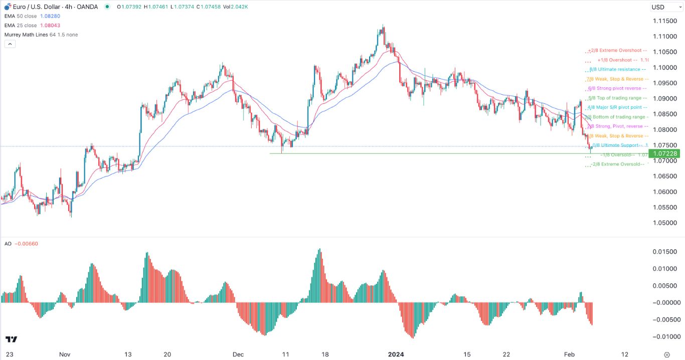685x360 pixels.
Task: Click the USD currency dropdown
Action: [664, 7]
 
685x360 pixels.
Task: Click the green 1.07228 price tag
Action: [664, 153]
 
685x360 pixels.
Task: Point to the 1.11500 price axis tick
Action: [665, 21]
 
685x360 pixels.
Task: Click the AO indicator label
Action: [8, 244]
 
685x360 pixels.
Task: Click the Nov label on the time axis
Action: [65, 354]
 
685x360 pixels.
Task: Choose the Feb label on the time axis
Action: [569, 354]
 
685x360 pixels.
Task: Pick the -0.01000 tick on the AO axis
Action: [664, 336]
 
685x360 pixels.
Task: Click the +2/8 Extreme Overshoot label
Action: [618, 51]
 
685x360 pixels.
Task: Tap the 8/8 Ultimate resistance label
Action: [618, 69]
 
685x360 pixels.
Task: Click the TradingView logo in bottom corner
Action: [12, 339]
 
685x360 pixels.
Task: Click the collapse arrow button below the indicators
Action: [10, 44]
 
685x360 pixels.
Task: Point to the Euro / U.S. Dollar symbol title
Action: [34, 7]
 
